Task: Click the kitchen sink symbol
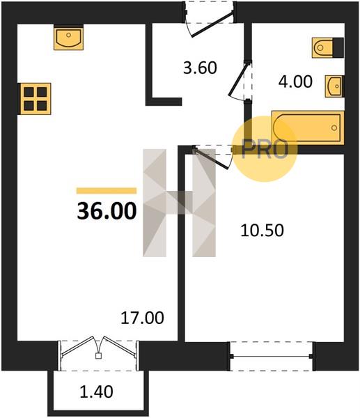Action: point(68,37)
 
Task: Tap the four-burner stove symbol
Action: point(34,99)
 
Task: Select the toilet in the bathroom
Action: point(327,47)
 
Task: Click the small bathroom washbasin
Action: point(334,86)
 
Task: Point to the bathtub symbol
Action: point(308,127)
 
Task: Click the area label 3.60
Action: point(200,68)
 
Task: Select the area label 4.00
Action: point(295,82)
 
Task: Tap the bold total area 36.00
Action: point(107,211)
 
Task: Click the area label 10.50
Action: point(262,230)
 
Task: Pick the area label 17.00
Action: point(142,318)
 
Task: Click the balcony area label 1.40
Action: point(97,392)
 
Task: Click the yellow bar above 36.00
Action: point(107,191)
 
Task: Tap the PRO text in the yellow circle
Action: point(265,149)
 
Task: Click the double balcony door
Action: point(99,347)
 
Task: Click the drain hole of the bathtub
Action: point(334,128)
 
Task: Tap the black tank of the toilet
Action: point(338,47)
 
